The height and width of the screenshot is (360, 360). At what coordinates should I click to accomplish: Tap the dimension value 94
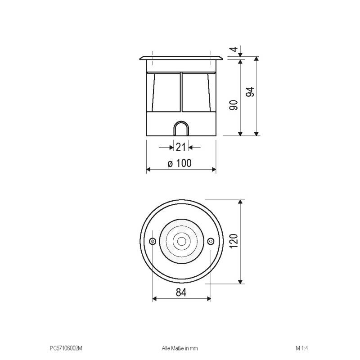point(251,91)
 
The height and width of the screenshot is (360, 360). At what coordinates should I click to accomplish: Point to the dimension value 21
point(181,147)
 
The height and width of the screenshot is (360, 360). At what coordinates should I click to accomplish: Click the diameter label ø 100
point(180,163)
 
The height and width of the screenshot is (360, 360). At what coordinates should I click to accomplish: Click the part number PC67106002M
point(66,348)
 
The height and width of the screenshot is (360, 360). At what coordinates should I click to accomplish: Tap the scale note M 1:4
point(301,348)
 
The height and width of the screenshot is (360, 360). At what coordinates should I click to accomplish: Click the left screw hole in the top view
point(153,242)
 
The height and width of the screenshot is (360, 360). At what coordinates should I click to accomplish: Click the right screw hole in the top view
point(210,242)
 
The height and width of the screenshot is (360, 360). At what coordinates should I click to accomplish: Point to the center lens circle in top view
point(181,242)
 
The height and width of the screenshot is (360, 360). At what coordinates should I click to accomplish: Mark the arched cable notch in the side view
point(181,128)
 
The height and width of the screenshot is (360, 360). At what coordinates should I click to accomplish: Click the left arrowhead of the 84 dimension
point(155,298)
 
